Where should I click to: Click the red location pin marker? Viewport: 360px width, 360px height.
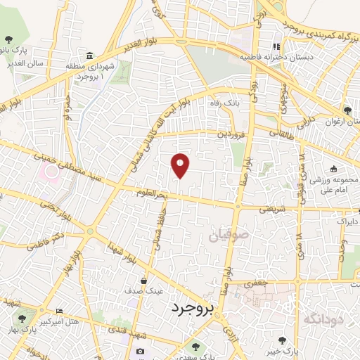pos(181,165)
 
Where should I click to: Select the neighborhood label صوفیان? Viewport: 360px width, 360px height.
pos(227,237)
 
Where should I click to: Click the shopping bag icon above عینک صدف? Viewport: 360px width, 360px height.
pos(143,279)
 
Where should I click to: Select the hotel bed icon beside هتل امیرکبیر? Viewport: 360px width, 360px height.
pos(59,311)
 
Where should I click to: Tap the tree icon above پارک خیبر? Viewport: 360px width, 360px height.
pos(283,340)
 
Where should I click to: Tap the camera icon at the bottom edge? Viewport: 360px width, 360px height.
pos(140,352)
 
